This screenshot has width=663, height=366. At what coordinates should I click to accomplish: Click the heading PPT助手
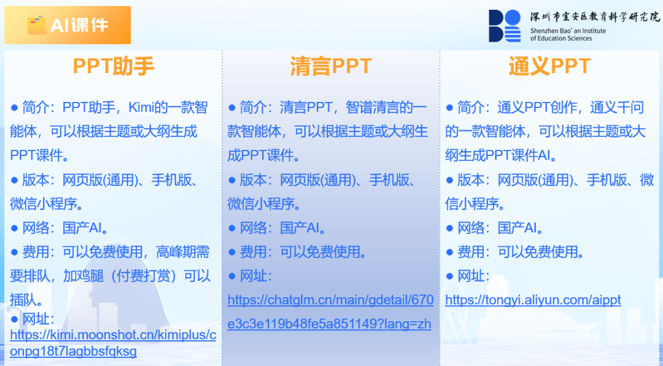[x=114, y=66]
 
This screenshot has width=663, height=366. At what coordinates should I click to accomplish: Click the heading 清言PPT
[x=331, y=66]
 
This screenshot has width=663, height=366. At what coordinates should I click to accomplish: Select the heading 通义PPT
[x=549, y=66]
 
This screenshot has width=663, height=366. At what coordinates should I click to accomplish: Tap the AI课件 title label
[x=79, y=25]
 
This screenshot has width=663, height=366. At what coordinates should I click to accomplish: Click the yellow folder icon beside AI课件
[x=37, y=25]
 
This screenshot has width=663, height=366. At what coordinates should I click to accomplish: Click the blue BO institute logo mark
[x=505, y=26]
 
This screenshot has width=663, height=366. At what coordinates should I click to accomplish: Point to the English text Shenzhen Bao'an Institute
[x=568, y=31]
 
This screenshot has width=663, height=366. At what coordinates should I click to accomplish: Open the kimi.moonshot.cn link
[x=113, y=343]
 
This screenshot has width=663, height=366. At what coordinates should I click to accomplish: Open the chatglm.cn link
[x=330, y=312]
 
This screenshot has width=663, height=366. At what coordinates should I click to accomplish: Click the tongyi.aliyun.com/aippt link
[x=533, y=300]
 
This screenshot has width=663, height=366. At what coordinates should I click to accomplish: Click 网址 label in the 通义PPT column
[x=471, y=276]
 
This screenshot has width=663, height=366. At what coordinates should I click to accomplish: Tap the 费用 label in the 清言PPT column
[x=254, y=252]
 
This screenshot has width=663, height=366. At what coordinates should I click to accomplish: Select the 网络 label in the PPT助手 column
[x=36, y=228]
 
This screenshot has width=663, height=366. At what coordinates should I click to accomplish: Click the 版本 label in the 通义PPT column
[x=471, y=180]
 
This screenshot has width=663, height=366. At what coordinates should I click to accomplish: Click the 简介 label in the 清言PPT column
[x=254, y=107]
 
